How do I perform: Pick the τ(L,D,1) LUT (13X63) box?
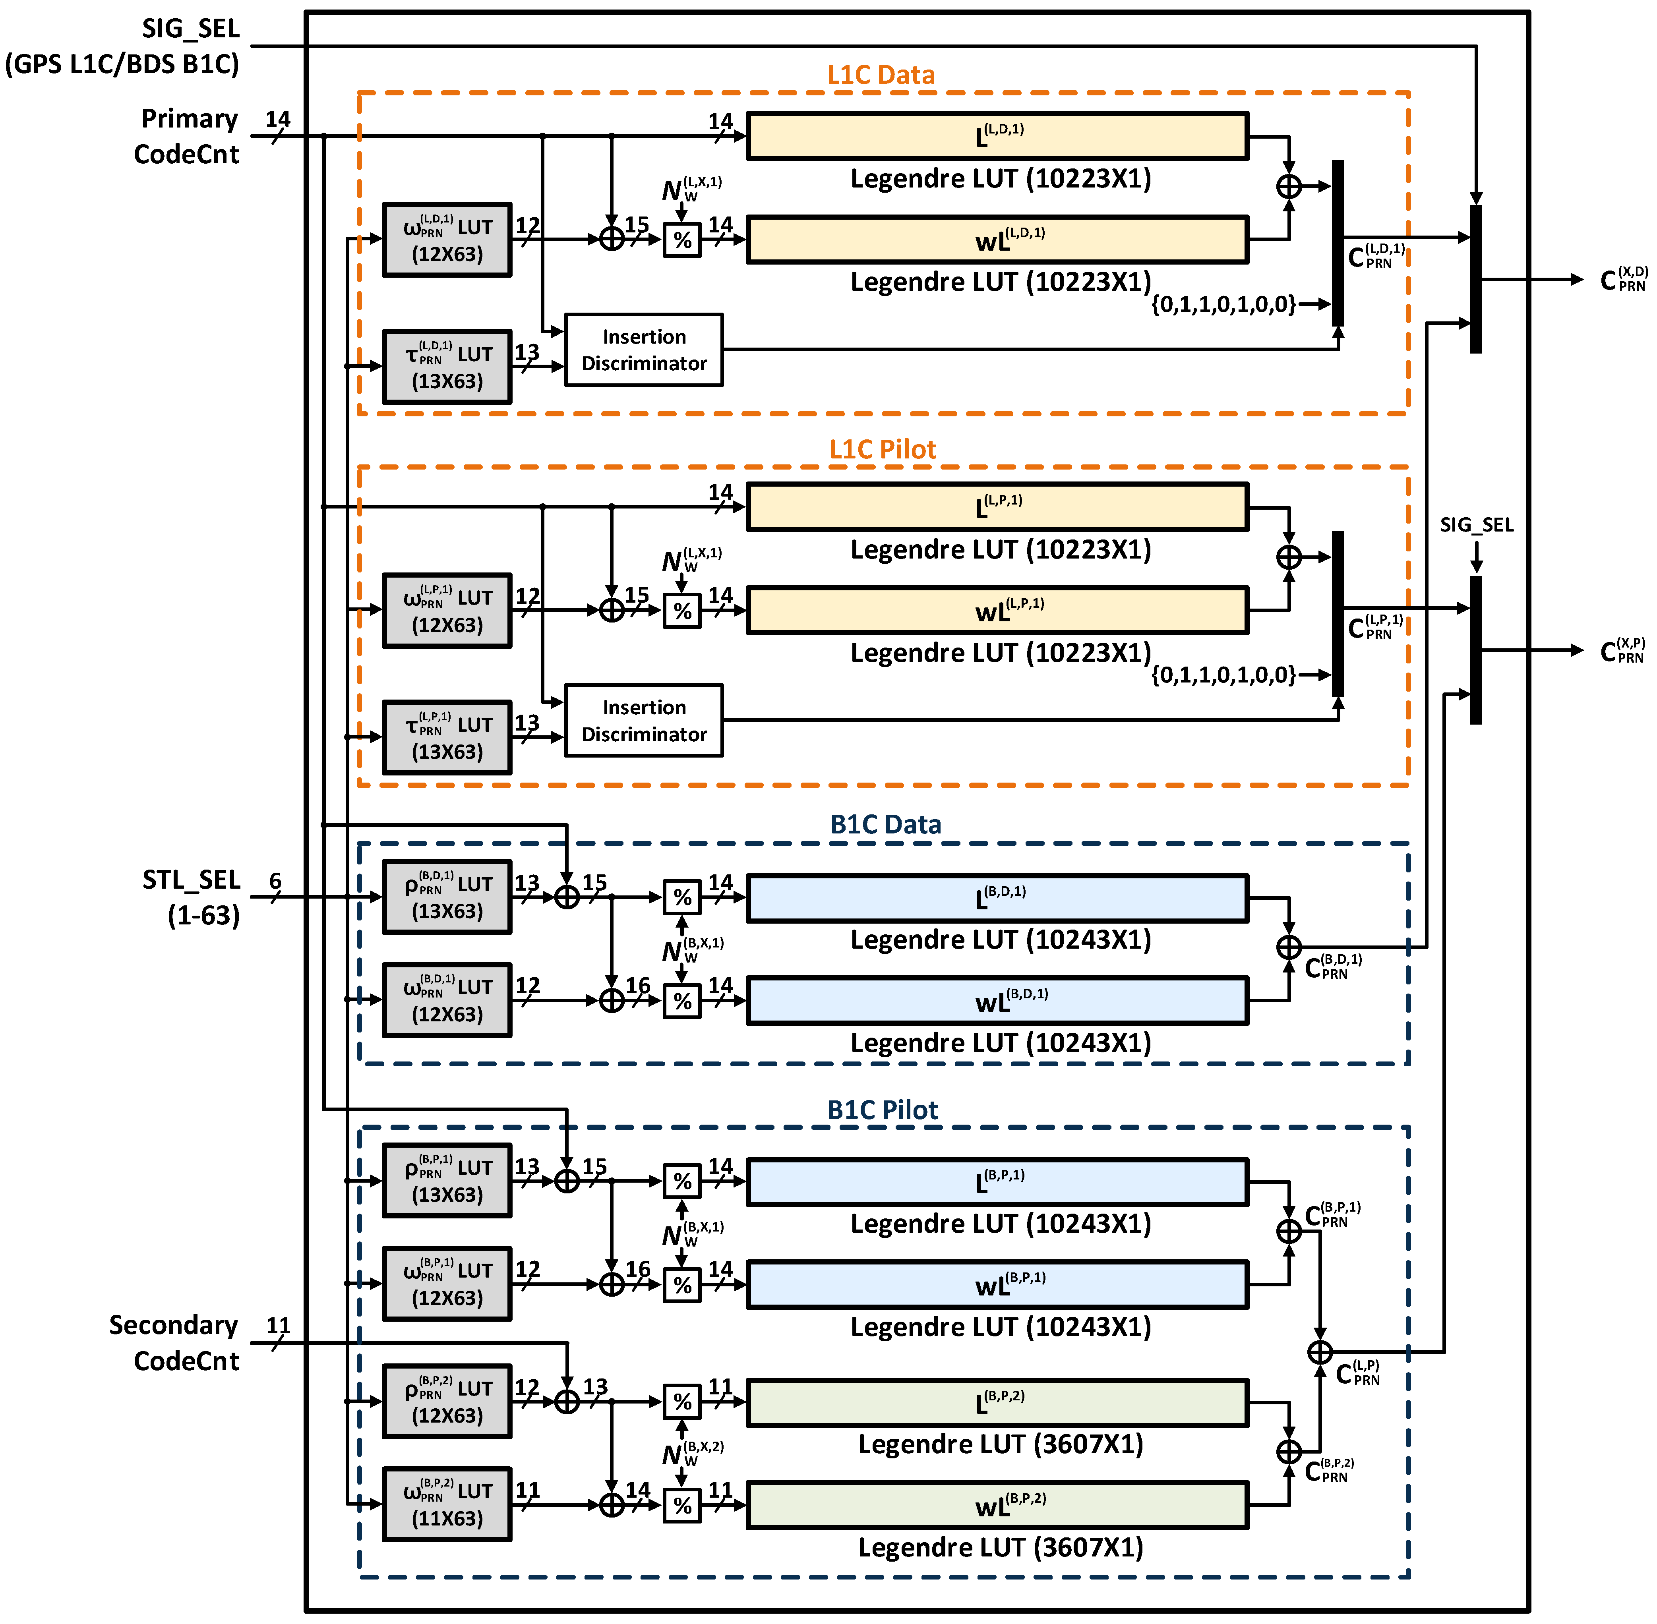point(447,367)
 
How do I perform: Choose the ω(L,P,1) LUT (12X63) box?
point(447,611)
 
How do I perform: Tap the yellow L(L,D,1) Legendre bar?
point(997,135)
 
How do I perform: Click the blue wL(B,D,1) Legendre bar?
point(997,1000)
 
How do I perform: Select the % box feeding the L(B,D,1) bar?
point(682,897)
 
